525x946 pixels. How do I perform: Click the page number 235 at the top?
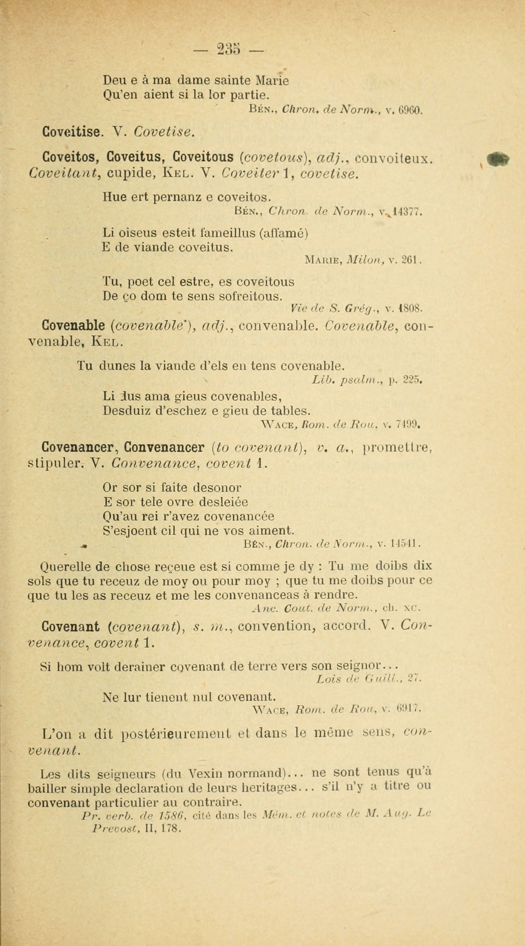pyautogui.click(x=228, y=49)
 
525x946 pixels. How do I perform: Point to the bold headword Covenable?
pyautogui.click(x=73, y=325)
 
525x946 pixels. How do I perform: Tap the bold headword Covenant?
pyautogui.click(x=71, y=626)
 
